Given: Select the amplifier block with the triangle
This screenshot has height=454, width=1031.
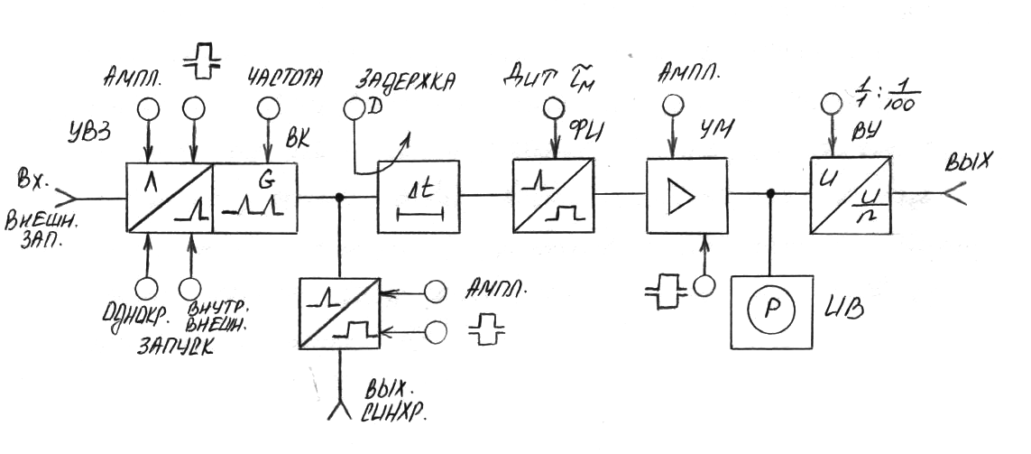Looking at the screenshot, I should (686, 196).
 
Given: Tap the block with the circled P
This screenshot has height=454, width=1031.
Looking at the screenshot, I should (771, 310).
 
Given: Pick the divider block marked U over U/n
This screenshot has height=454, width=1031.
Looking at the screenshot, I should (851, 196).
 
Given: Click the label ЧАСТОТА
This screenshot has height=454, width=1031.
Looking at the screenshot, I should (284, 79).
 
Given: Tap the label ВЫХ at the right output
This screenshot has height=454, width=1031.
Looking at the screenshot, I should (969, 163).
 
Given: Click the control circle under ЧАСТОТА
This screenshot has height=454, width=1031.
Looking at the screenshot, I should (267, 109).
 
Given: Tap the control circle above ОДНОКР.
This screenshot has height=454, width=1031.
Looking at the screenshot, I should (146, 288).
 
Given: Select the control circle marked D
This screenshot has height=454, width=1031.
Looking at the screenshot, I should (354, 110).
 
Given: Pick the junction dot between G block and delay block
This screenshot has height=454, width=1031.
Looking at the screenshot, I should (341, 196).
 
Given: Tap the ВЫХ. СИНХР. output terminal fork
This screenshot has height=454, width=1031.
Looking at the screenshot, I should (341, 411).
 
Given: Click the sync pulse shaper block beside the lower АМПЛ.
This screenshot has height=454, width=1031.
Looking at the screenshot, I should (340, 312).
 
